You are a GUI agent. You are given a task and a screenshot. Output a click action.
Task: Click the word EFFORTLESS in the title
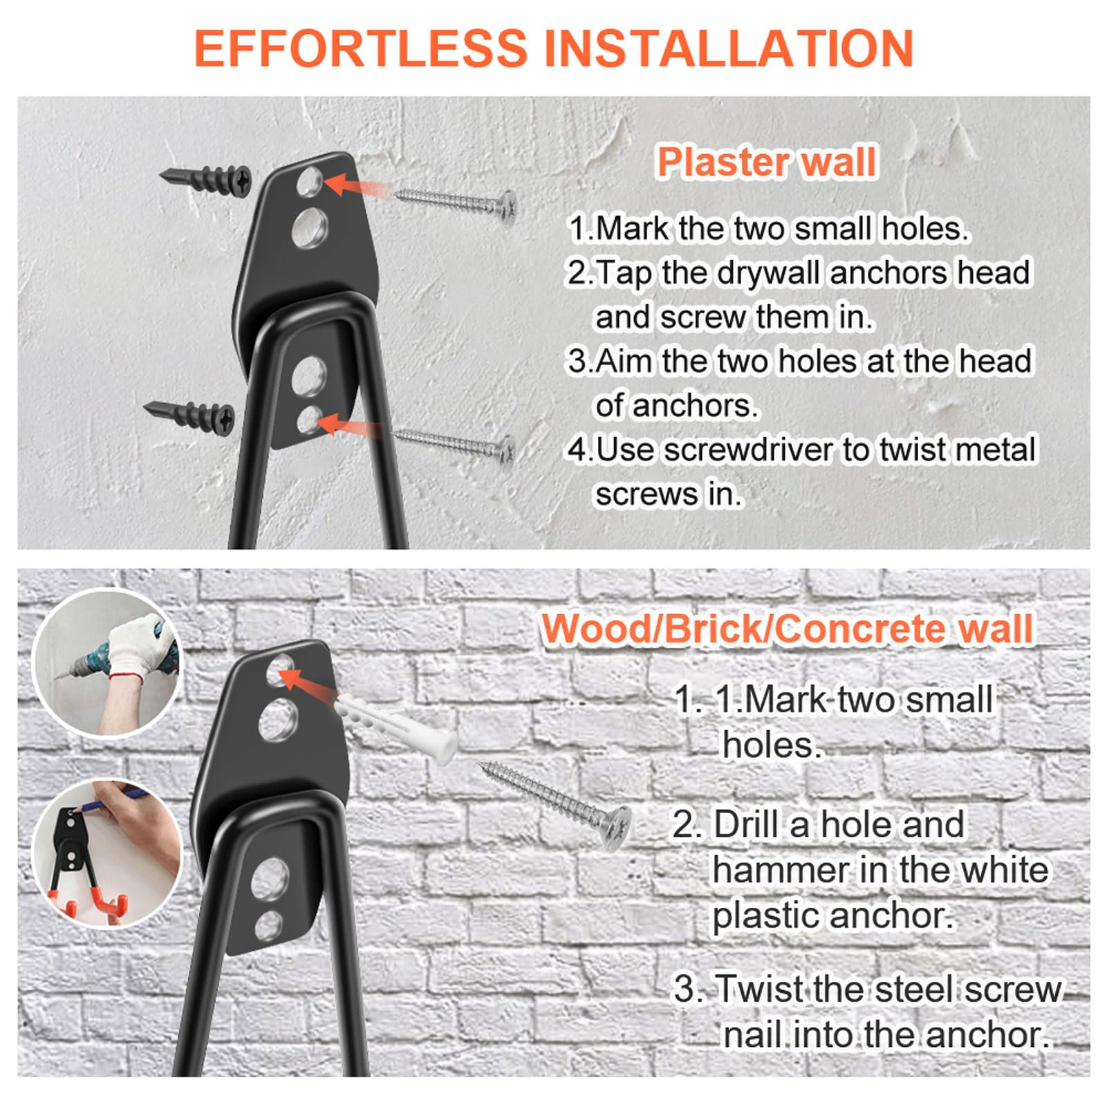(360, 48)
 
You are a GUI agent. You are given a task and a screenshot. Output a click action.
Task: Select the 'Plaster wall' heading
(766, 162)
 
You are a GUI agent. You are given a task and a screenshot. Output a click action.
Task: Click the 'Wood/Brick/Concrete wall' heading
(787, 629)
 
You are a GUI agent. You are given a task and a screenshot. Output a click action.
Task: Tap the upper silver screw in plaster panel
(457, 203)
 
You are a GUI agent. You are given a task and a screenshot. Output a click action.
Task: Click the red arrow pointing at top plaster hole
(355, 187)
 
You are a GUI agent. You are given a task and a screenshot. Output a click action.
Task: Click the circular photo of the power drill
(107, 663)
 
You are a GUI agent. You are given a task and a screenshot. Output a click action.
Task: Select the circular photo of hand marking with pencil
(107, 854)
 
